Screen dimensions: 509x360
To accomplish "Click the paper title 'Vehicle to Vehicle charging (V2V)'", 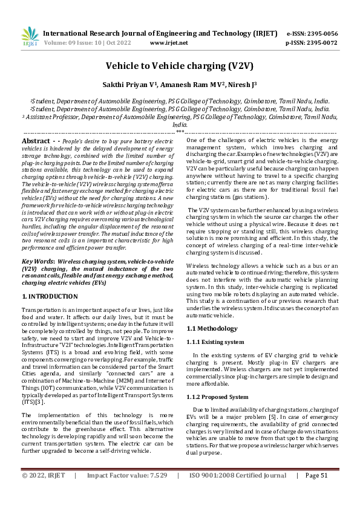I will tap(180, 66).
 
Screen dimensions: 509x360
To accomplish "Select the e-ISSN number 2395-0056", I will tap(321, 34).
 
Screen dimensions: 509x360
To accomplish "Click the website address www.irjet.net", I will tap(168, 44).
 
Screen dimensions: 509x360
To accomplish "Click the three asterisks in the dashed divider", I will tap(180, 131).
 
